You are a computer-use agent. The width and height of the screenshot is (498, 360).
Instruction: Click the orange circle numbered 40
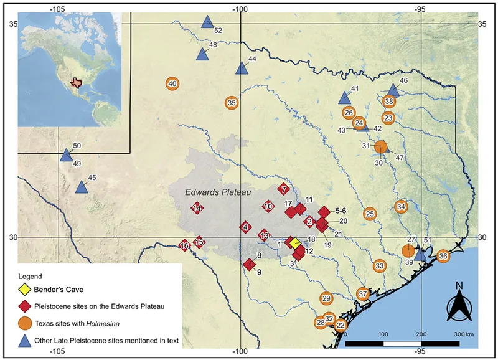click(x=173, y=83)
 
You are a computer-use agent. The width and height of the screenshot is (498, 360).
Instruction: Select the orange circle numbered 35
click(x=232, y=103)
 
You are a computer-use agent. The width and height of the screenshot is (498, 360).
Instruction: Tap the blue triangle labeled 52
click(x=207, y=22)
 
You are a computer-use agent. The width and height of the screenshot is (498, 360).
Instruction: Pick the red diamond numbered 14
click(x=197, y=208)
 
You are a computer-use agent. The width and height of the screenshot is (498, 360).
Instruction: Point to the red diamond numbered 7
click(x=283, y=189)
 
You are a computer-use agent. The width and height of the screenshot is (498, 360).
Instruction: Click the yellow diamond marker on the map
click(x=293, y=242)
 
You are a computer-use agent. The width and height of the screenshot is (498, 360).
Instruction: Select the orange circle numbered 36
click(x=443, y=256)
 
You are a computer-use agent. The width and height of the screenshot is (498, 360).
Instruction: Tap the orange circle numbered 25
click(x=370, y=214)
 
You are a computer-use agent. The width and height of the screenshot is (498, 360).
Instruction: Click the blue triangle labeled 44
click(x=242, y=68)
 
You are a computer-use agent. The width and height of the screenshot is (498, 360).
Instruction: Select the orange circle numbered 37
click(x=363, y=293)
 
